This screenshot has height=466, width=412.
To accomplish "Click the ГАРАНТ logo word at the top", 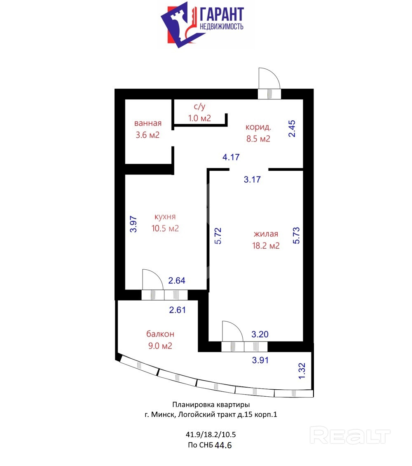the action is (x=222, y=15).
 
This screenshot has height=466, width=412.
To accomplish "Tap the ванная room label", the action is (x=148, y=123).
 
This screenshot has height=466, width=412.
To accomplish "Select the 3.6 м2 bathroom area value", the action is (x=147, y=135).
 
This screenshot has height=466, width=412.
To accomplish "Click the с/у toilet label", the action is (x=199, y=106).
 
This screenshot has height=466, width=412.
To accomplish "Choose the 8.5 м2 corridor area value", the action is (x=258, y=139).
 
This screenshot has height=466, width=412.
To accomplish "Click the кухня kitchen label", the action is (x=165, y=217).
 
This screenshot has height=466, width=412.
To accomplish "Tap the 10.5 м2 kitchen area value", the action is (x=165, y=228).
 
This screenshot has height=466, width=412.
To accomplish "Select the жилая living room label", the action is (x=266, y=234).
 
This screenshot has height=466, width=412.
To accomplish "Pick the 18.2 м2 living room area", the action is (x=266, y=246).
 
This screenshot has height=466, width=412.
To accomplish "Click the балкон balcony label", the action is (x=160, y=334).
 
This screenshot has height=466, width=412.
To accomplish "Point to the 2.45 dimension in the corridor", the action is (x=292, y=128).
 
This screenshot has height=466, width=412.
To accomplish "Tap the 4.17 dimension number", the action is (x=231, y=157).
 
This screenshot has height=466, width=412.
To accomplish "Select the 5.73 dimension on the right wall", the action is (x=296, y=236).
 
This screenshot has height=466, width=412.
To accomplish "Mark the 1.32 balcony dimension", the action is (x=302, y=371).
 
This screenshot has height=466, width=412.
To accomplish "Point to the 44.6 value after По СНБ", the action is (x=223, y=445).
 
